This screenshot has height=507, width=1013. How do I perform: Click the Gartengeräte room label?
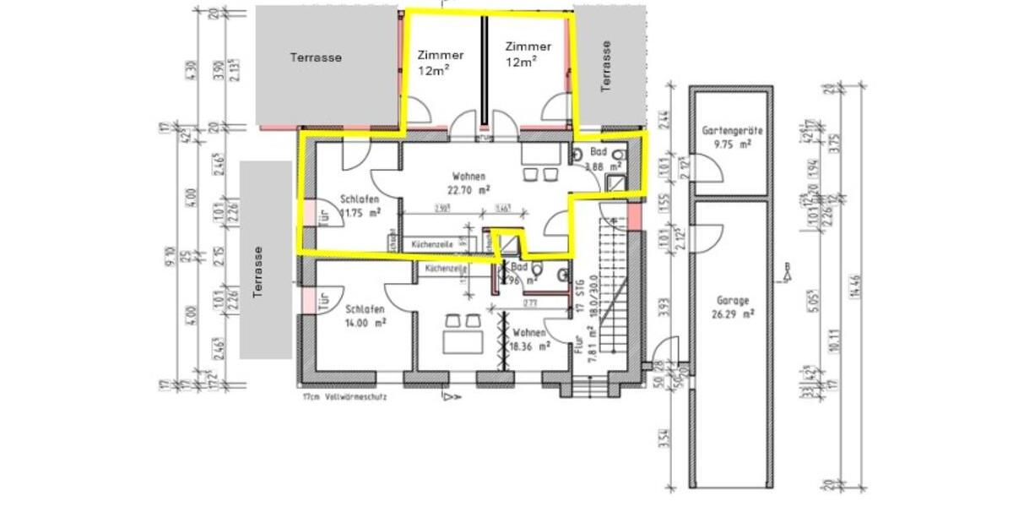tap(732, 131)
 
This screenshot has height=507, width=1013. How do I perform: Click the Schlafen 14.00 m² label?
tap(366, 315)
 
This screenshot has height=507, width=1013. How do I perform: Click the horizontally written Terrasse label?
tap(316, 57)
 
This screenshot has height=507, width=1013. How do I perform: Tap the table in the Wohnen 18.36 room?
tap(461, 342)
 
